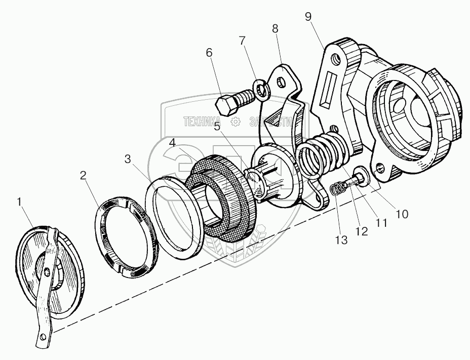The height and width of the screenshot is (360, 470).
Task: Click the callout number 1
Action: [x=19, y=202]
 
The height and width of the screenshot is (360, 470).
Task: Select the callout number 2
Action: [x=83, y=176]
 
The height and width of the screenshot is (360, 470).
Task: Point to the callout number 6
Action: [x=210, y=53]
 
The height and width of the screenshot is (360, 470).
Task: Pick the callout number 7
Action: [x=242, y=40]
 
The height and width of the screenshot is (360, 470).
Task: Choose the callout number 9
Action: [x=308, y=17]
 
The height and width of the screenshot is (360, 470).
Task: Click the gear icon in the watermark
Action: [x=235, y=122]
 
